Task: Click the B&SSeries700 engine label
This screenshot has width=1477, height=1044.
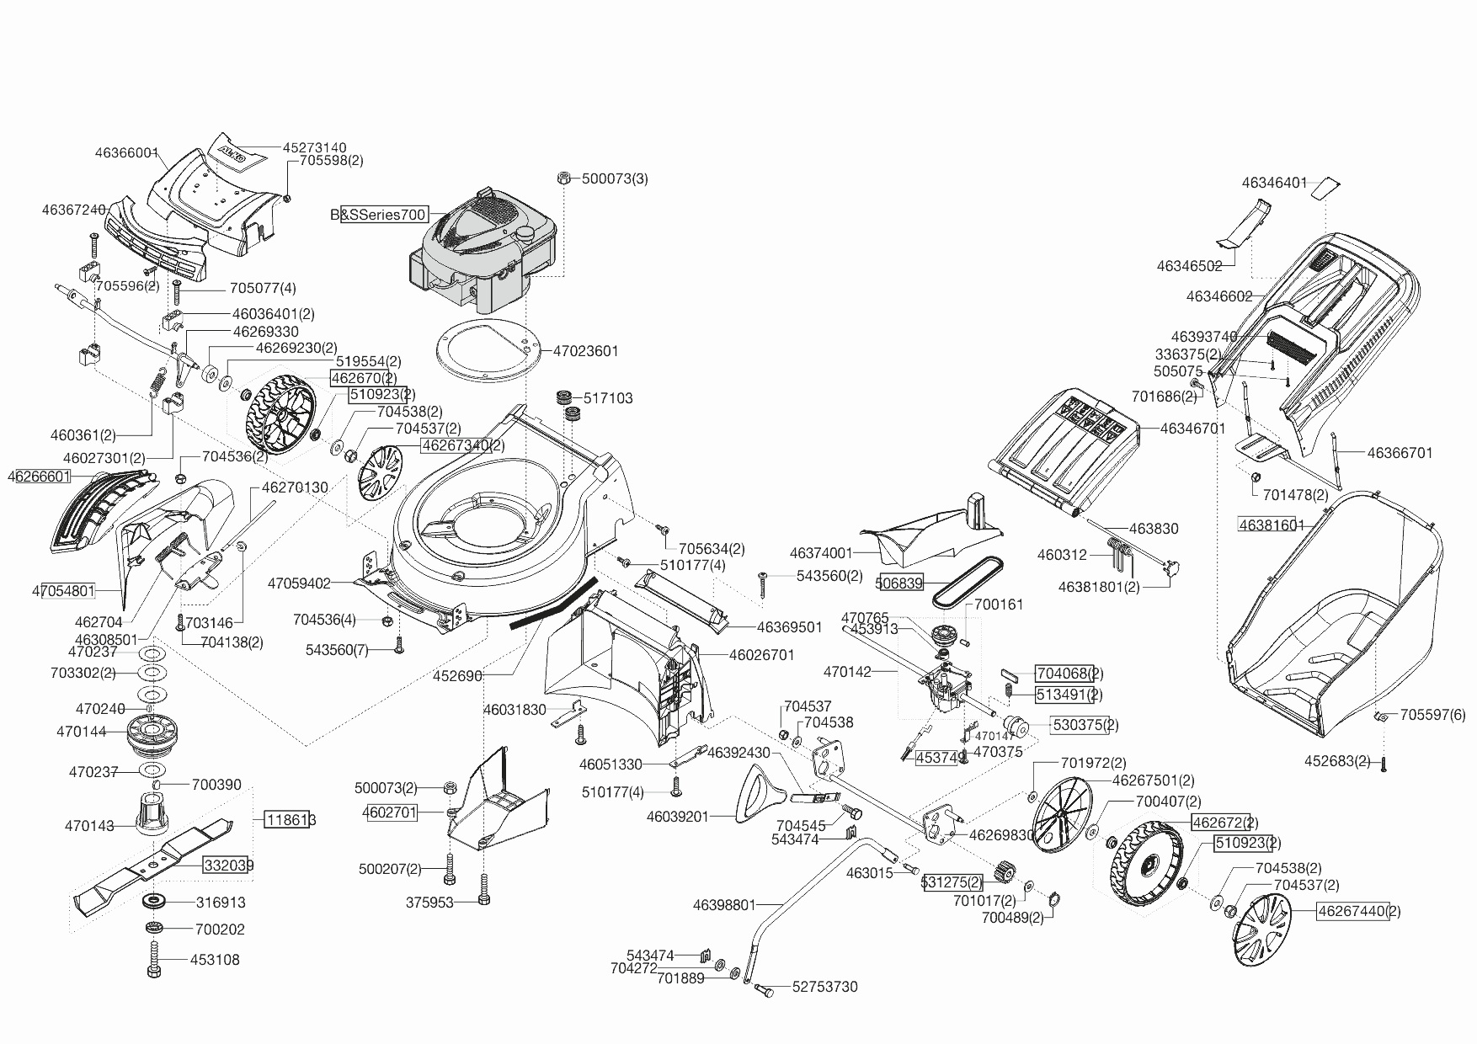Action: [379, 215]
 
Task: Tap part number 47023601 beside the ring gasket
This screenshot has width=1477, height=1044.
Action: [585, 351]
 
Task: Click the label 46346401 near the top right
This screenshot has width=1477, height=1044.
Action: [1274, 183]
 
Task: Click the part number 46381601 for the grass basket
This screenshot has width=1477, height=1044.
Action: [1271, 525]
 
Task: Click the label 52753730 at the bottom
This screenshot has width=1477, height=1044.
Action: [824, 987]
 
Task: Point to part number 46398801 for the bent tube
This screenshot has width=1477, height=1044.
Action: [724, 905]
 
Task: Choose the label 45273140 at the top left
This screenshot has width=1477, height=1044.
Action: [314, 147]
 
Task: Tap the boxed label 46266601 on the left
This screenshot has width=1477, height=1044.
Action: [39, 477]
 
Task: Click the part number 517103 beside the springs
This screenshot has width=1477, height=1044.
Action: [608, 398]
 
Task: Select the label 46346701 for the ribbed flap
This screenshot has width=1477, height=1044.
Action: [1192, 429]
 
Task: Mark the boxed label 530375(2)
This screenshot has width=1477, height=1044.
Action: [1085, 725]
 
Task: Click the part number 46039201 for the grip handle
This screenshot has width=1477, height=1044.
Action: [678, 816]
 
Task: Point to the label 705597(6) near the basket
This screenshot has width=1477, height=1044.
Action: [1432, 715]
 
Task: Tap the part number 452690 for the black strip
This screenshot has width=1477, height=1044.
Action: [457, 675]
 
